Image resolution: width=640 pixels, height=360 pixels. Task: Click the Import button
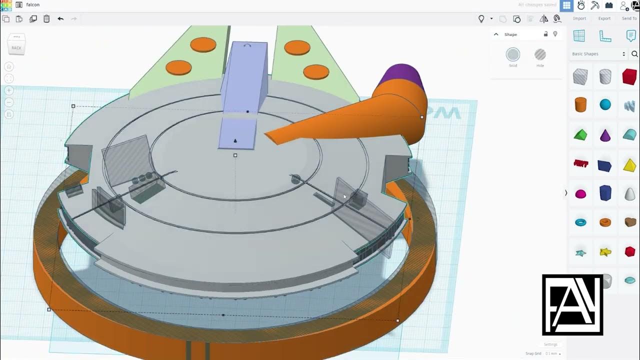(x=579, y=18)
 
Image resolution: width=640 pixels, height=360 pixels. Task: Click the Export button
(x=604, y=18)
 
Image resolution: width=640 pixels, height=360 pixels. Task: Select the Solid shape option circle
(x=513, y=54)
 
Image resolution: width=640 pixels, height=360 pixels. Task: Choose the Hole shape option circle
(x=540, y=54)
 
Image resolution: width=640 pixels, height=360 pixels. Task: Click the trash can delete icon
(x=46, y=19)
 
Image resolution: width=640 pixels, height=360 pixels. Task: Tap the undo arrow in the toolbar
(x=60, y=19)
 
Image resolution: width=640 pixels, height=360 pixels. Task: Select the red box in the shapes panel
(x=629, y=76)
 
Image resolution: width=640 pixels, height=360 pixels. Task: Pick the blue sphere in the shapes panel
(x=605, y=104)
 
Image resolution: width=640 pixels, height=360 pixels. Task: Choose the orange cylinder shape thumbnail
(x=580, y=104)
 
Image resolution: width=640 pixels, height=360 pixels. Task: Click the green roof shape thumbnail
(x=580, y=134)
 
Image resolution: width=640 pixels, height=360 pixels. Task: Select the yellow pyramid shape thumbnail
(x=629, y=165)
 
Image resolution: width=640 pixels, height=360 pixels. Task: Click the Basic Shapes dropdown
(x=598, y=54)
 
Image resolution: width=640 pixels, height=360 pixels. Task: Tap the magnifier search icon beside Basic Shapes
(x=634, y=54)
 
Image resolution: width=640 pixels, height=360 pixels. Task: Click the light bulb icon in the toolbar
(x=481, y=19)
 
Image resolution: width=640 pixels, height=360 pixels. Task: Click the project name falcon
(x=33, y=5)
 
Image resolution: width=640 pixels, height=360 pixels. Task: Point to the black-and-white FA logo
(x=572, y=304)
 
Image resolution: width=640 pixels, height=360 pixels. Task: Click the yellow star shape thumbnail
(x=605, y=252)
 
